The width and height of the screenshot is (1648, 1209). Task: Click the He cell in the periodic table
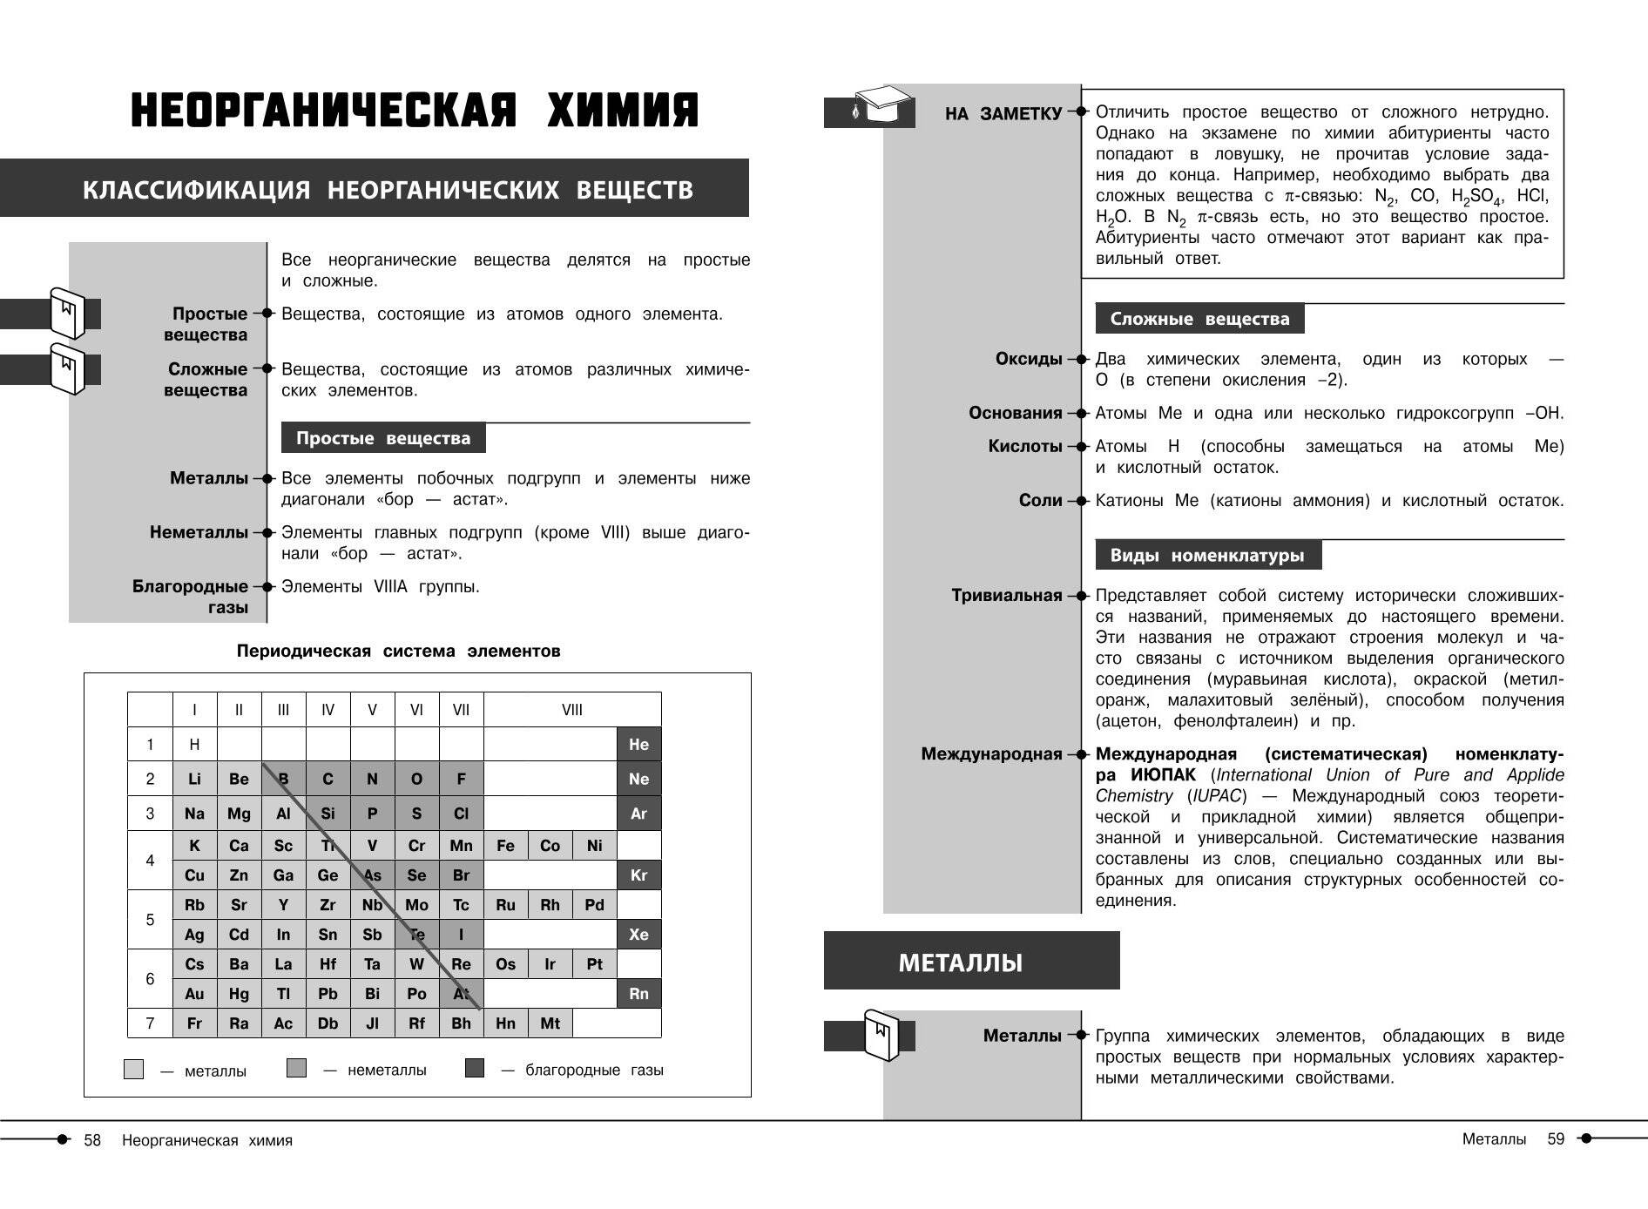[x=638, y=745]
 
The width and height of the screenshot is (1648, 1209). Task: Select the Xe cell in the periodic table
[x=638, y=935]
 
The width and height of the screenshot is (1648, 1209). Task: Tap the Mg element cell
[x=239, y=814]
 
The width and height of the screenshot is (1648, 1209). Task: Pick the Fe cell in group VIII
[x=505, y=846]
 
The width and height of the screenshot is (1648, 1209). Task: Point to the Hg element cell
[x=239, y=994]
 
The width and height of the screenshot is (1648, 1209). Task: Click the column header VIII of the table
[x=571, y=710]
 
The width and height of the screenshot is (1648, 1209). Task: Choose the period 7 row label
[x=150, y=1023]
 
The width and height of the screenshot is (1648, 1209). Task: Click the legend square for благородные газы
[x=475, y=1069]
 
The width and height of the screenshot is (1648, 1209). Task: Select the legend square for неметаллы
[x=296, y=1069]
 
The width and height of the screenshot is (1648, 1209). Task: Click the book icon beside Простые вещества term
[x=67, y=312]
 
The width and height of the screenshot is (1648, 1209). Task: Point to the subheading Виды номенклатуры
[x=1207, y=556]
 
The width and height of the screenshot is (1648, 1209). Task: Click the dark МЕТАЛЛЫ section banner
[x=971, y=961]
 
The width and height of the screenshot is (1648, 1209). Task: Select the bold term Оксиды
[x=1029, y=359]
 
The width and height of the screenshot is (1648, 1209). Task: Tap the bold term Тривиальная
[x=1007, y=596]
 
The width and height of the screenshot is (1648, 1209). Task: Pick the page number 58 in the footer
[x=92, y=1140]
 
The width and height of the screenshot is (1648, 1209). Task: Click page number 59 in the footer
[x=1556, y=1139]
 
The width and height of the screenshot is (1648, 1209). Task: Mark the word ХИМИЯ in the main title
[x=622, y=111]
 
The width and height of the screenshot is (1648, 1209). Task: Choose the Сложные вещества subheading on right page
[x=1199, y=319]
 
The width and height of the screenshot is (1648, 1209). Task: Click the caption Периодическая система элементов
[x=398, y=652]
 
